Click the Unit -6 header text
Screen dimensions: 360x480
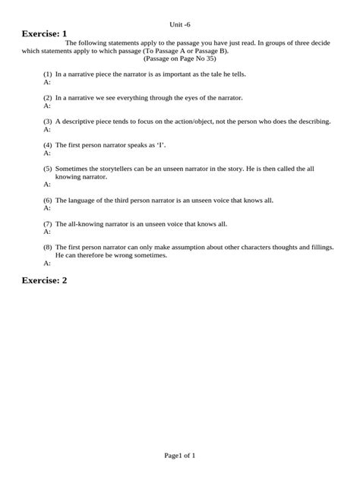click(180, 24)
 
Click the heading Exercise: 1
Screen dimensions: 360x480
click(44, 34)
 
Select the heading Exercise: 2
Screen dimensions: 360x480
click(44, 280)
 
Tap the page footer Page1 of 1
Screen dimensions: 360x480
click(180, 456)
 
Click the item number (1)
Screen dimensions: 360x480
click(47, 74)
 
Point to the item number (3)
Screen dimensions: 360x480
click(47, 122)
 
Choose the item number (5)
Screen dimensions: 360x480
click(47, 169)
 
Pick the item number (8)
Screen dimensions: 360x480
click(47, 248)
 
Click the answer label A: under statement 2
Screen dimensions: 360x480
click(47, 106)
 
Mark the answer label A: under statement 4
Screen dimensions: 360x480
click(47, 153)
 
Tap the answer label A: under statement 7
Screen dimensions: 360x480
click(47, 232)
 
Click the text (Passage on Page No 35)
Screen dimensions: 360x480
click(180, 58)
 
